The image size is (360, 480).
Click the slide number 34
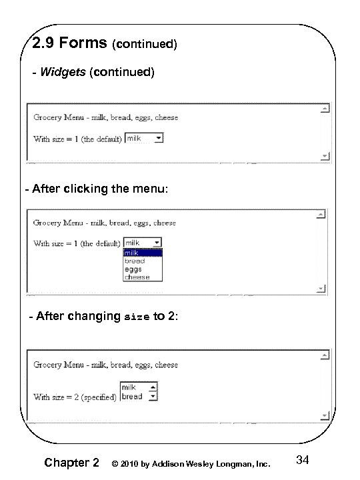(303, 460)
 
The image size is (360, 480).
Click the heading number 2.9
(46, 43)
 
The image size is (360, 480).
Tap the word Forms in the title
(83, 43)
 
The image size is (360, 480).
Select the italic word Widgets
(63, 72)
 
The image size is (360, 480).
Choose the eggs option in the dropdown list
(133, 269)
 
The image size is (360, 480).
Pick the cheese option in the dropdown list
(137, 277)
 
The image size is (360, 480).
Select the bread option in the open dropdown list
(134, 261)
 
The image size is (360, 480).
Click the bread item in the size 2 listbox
(132, 396)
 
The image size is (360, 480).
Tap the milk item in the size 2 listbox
(129, 387)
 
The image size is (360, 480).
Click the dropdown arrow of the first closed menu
(158, 139)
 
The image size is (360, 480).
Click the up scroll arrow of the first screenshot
(324, 109)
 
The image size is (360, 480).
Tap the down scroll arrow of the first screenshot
(324, 156)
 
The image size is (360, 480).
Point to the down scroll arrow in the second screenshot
(323, 288)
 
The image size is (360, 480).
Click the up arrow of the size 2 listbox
(153, 387)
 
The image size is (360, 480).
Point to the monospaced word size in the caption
(137, 317)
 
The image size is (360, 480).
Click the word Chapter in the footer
(65, 463)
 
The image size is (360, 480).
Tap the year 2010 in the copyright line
(131, 463)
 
